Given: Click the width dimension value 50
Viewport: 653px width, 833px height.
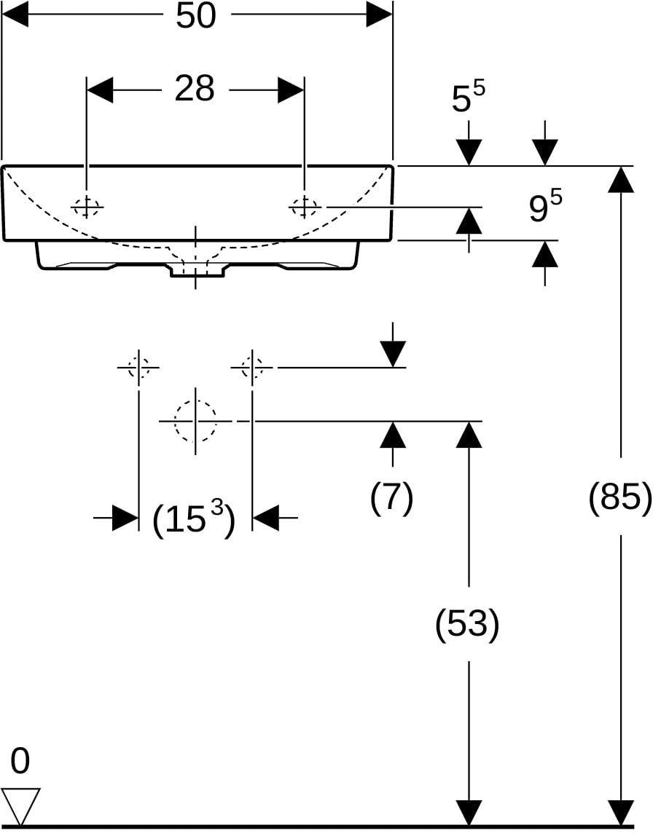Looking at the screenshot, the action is tap(196, 16).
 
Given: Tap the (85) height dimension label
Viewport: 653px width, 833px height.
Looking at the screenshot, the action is tap(620, 497).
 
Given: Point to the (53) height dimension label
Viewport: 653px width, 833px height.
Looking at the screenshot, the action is tap(467, 624).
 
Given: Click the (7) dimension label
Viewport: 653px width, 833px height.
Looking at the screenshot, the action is tap(392, 497).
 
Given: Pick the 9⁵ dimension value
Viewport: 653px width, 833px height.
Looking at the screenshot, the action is tap(546, 207).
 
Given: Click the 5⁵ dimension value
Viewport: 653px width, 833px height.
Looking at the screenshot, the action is tap(469, 98).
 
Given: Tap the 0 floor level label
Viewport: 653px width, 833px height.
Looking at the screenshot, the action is tap(20, 761).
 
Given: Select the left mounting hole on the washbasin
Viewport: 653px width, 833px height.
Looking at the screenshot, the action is tap(87, 206).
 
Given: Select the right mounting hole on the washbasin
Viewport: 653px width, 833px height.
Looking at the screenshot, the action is tap(305, 206).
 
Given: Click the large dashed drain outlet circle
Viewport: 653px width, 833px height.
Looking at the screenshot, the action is tap(196, 421).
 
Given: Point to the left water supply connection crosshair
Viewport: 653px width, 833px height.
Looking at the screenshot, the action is tap(138, 367).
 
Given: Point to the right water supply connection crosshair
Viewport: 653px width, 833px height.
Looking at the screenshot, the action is tap(252, 367).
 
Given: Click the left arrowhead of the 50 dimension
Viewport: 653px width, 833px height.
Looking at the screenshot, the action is tap(15, 16).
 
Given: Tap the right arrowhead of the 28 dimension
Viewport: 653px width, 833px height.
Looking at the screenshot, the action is tap(291, 90).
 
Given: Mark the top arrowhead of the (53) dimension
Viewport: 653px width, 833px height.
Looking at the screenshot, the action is tap(469, 434).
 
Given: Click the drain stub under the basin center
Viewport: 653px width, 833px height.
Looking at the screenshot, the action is tap(196, 270).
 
